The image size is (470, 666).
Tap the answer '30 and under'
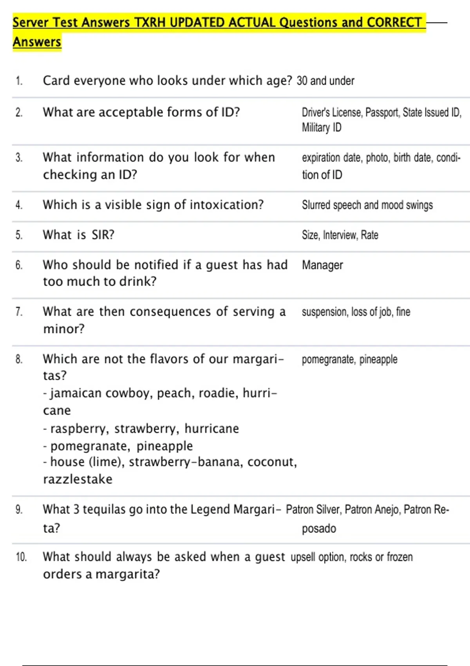click(325, 81)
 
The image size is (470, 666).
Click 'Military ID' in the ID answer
click(322, 128)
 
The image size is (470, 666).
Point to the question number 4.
click(19, 205)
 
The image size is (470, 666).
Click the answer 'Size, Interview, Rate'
click(340, 235)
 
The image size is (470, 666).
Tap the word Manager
click(322, 265)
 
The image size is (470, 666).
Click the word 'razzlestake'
click(78, 479)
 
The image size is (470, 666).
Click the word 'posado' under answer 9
click(319, 528)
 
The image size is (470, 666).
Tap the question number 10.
click(21, 557)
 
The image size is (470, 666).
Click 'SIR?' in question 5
click(103, 235)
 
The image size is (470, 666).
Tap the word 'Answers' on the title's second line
click(37, 42)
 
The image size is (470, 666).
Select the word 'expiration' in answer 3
click(321, 158)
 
